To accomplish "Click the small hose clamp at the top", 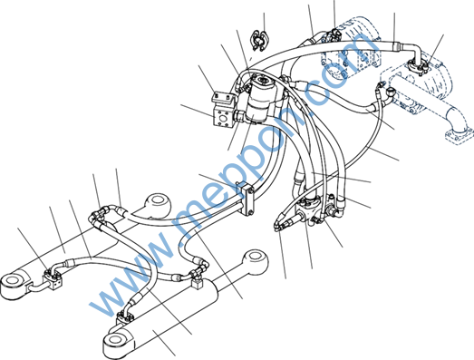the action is point(259,40).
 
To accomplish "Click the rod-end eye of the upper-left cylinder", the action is point(159,204).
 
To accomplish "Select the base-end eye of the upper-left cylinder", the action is point(14,284).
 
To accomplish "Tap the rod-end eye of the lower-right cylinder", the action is point(256,261).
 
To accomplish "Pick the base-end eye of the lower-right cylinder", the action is point(116,343).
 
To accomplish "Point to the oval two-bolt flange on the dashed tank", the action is point(418,66).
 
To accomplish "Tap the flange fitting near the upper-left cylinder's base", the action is point(53,278).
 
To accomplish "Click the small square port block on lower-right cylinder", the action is point(197,284).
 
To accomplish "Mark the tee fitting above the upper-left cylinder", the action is point(99,214).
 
